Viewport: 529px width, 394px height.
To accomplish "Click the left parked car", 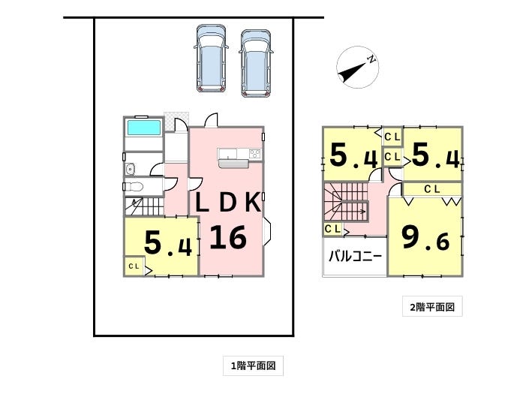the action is pyautogui.click(x=211, y=58).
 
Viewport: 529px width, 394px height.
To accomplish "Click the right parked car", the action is pyautogui.click(x=256, y=64).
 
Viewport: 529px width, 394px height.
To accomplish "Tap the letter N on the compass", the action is pyautogui.click(x=371, y=60).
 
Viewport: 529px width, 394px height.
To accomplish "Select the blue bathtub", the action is pyautogui.click(x=144, y=128).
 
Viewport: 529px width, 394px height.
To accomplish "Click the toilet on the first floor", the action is pyautogui.click(x=134, y=186).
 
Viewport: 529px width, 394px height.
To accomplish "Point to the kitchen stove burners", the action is pyautogui.click(x=254, y=154).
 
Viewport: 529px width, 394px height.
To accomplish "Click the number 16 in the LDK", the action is pyautogui.click(x=228, y=237).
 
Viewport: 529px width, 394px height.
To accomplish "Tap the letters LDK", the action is pyautogui.click(x=228, y=202).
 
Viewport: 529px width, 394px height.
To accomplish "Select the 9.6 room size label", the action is pyautogui.click(x=425, y=238).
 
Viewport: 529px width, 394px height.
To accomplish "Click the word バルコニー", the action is pyautogui.click(x=355, y=257).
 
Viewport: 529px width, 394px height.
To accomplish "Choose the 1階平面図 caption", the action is pyautogui.click(x=253, y=365).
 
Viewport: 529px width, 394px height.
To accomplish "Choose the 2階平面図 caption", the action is pyautogui.click(x=432, y=307).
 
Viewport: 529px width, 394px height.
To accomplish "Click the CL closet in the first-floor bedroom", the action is pyautogui.click(x=134, y=266).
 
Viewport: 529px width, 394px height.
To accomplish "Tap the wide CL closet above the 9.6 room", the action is pyautogui.click(x=432, y=189).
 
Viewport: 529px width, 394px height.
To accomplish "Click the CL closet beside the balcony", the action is pyautogui.click(x=332, y=229).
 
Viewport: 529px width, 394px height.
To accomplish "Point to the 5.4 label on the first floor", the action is pyautogui.click(x=168, y=243).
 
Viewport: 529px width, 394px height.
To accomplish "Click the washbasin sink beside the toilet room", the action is pyautogui.click(x=130, y=169).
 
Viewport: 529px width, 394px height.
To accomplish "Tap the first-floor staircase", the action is pyautogui.click(x=144, y=206).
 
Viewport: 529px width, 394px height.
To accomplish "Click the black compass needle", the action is pyautogui.click(x=352, y=71).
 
